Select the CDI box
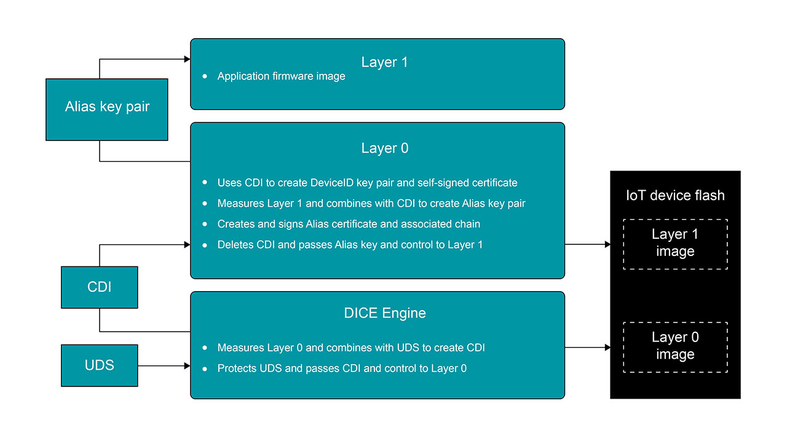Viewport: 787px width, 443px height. point(99,287)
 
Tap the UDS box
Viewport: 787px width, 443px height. point(99,365)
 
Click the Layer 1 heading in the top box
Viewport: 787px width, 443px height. point(384,62)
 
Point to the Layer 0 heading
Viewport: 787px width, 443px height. point(384,148)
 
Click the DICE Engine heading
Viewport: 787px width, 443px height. point(385,313)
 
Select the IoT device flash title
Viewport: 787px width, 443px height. point(675,196)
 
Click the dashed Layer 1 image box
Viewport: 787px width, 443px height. point(675,244)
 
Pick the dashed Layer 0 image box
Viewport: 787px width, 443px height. point(675,346)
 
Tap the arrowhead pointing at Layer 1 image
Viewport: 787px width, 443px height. point(607,244)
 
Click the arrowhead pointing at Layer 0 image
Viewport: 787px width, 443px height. point(607,348)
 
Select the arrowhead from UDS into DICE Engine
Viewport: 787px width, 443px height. point(187,365)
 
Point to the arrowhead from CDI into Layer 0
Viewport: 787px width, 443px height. point(187,244)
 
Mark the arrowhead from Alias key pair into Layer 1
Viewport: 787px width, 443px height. point(187,59)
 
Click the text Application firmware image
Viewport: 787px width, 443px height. point(281,76)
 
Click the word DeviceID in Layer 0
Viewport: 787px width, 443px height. point(331,183)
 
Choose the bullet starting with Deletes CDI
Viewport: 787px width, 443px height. point(350,245)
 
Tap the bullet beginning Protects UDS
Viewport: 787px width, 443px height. point(342,369)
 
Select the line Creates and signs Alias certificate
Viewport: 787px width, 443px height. point(349,224)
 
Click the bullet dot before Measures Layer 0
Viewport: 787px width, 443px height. point(205,348)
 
